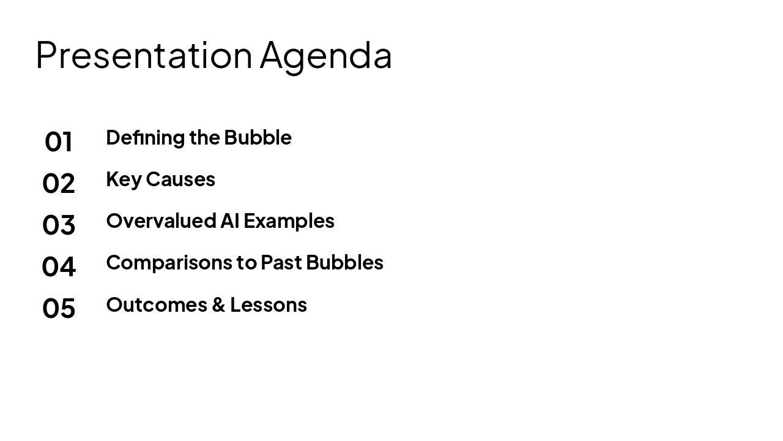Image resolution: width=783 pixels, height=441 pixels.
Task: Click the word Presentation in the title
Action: point(144,55)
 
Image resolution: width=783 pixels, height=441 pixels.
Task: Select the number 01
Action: point(59,141)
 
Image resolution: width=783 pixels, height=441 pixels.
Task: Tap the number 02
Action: point(59,183)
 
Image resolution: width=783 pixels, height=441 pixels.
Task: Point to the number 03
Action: point(59,225)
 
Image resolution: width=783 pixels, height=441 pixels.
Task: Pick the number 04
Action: point(59,266)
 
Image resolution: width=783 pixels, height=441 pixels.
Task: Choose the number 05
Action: point(59,308)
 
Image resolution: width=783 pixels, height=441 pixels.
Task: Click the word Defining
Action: point(146,138)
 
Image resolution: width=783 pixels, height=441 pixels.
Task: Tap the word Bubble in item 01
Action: point(258,137)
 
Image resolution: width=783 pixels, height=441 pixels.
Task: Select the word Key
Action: point(124,179)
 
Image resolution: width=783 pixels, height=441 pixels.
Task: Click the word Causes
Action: point(180,179)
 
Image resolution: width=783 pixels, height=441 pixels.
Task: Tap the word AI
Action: point(230,221)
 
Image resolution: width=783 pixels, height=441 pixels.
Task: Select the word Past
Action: point(281,262)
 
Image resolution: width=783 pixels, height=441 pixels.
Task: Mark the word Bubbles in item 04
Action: point(344,262)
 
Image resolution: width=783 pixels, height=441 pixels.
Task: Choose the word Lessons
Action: point(269,304)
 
